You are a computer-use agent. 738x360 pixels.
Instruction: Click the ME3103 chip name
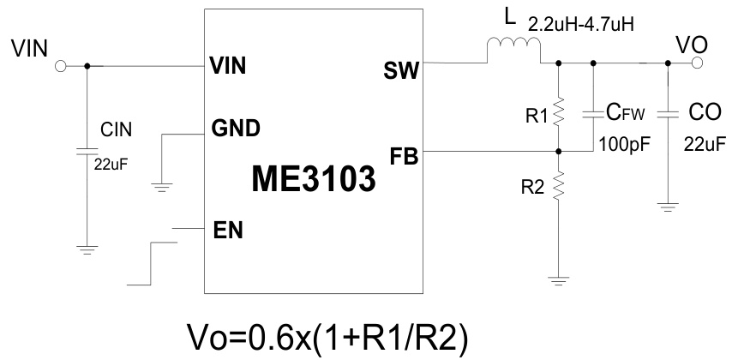[x=314, y=178]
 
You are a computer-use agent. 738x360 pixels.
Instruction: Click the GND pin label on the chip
[x=236, y=129]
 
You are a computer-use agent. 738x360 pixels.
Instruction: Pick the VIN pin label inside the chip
[x=228, y=67]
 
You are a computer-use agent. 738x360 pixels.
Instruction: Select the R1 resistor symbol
[x=558, y=112]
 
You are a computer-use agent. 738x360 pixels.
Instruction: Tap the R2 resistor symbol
[x=558, y=183]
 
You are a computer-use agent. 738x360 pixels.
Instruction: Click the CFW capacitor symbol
[x=593, y=112]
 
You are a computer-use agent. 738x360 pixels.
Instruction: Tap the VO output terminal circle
[x=698, y=63]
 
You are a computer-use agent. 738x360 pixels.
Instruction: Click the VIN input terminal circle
[x=60, y=66]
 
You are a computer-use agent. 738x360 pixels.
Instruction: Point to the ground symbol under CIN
[x=86, y=249]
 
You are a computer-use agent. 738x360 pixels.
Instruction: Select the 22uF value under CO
[x=704, y=144]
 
